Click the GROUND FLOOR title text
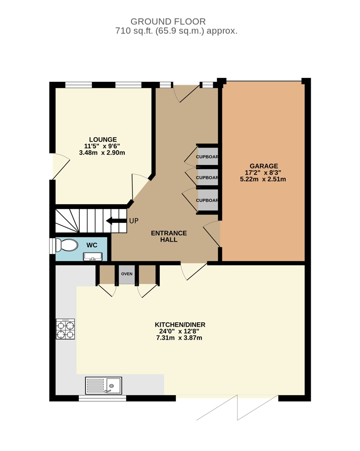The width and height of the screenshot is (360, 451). [168, 22]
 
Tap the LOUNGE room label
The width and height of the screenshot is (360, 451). [103, 140]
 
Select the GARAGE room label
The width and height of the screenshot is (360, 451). [264, 166]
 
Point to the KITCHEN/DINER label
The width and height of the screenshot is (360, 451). [180, 325]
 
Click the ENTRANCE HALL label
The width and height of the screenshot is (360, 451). [169, 236]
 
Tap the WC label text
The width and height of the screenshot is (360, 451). [92, 245]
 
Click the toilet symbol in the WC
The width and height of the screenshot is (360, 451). [67, 245]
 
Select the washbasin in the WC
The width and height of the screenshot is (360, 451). [93, 256]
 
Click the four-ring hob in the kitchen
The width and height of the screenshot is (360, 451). [65, 329]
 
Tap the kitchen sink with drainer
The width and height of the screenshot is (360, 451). [104, 385]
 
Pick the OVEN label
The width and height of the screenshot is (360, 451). [127, 274]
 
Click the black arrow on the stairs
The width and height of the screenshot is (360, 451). [116, 221]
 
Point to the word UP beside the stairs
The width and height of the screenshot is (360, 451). [134, 221]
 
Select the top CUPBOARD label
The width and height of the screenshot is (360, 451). [207, 157]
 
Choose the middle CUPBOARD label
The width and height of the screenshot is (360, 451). [207, 177]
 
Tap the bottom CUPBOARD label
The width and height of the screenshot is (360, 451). [207, 200]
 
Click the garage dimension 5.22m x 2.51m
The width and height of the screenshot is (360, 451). [263, 179]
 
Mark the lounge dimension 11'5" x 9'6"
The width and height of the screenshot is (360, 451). [102, 146]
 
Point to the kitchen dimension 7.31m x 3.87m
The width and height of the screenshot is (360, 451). [179, 338]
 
